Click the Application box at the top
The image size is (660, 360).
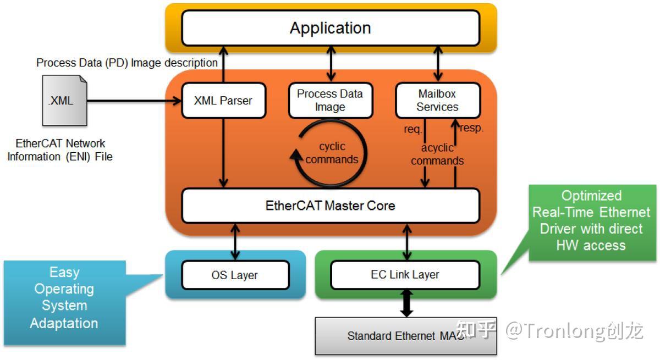(331, 28)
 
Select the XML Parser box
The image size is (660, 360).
(223, 101)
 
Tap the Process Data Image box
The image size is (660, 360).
(330, 101)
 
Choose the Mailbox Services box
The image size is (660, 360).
(437, 101)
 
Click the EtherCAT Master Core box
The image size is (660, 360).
(330, 206)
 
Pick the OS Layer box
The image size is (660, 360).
(235, 275)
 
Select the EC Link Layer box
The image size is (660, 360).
(405, 275)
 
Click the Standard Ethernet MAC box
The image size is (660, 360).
(405, 335)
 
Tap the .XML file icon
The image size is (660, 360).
(64, 101)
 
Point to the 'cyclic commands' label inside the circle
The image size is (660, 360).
(332, 153)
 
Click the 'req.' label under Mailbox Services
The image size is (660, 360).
(413, 130)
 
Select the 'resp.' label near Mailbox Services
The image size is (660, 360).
(471, 128)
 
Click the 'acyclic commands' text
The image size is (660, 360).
(437, 154)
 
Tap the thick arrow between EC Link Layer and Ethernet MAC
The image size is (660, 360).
(406, 303)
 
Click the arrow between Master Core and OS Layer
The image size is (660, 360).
(235, 241)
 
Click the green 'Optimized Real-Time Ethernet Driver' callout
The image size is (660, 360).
(591, 221)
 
